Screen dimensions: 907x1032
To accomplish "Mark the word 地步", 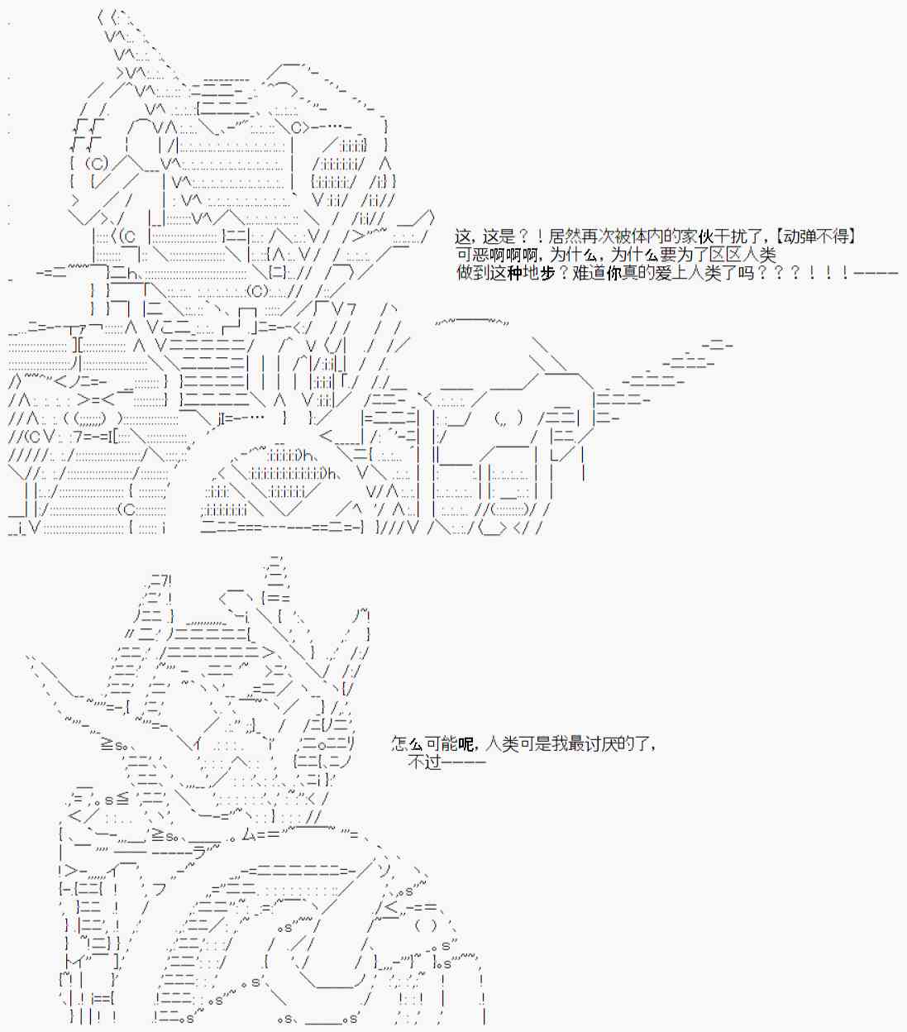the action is (540, 273).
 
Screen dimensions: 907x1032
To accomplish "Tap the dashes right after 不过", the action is (464, 763).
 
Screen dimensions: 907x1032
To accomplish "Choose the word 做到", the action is (473, 273).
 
